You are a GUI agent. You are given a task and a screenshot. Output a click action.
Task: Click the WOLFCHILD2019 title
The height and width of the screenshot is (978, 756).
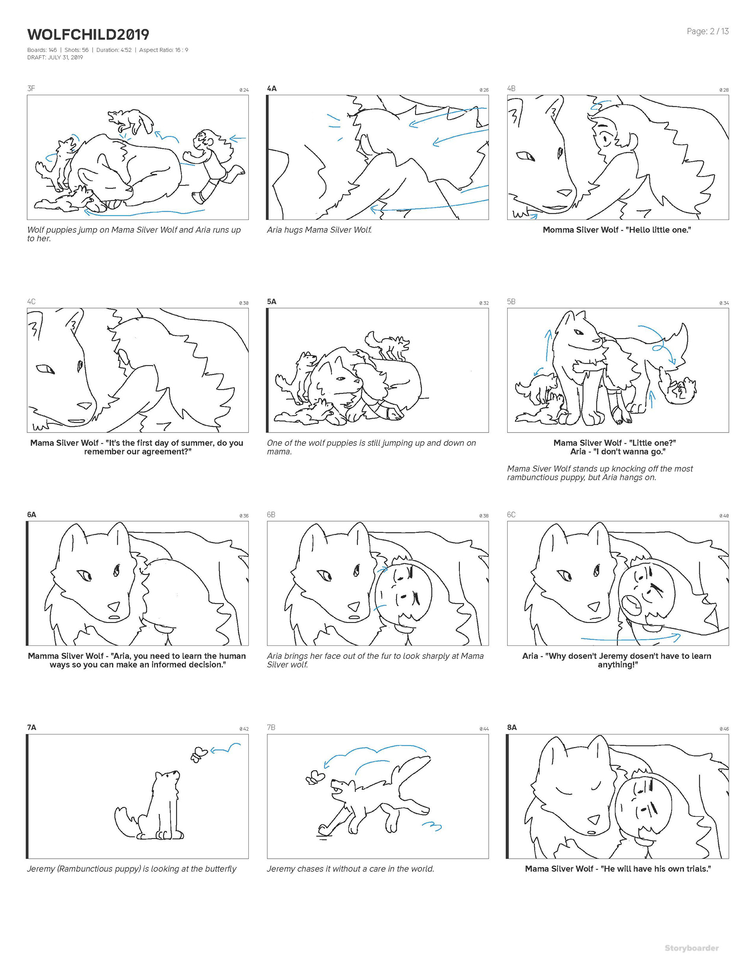88,35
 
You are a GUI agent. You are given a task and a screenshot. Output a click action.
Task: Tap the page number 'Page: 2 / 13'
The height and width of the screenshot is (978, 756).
708,31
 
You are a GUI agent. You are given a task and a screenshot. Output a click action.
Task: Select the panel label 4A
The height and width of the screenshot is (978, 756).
272,88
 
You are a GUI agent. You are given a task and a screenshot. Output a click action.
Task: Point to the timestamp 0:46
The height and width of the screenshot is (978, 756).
724,728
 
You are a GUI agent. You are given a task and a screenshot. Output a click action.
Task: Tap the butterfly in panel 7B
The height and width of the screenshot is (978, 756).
315,777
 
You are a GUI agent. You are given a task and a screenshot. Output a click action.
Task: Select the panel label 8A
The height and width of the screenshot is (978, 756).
512,727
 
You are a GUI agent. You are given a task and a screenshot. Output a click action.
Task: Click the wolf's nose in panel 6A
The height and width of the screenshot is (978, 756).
114,606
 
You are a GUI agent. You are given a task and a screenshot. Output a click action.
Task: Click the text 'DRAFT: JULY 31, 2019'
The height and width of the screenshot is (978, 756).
55,57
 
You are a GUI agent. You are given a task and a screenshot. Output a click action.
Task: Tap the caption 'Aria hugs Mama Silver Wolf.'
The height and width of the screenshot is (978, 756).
319,230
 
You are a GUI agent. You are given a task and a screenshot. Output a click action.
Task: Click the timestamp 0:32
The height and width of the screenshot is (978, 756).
484,303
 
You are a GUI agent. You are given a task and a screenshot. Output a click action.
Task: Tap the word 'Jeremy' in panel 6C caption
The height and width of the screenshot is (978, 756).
603,656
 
